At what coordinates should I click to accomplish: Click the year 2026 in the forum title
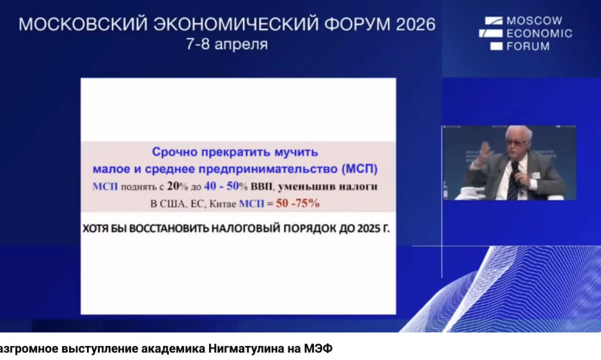(416, 24)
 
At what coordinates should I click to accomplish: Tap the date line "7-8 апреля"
(227, 44)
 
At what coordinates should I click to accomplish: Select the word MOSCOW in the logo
(535, 20)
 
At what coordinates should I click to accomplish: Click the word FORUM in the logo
(527, 47)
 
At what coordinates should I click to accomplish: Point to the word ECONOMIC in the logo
(539, 33)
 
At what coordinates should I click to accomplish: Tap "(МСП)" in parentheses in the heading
(359, 169)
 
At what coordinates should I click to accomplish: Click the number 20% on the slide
(178, 186)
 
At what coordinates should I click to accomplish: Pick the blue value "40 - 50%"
(226, 186)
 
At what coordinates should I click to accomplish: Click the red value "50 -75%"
(298, 203)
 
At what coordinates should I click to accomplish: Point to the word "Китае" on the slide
(222, 204)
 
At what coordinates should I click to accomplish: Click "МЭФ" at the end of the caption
(318, 349)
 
